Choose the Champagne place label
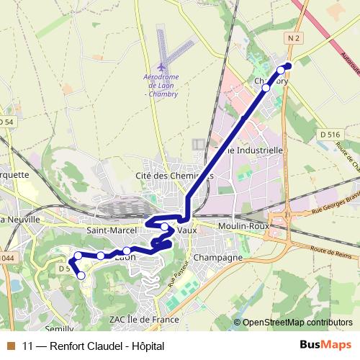click(218, 257)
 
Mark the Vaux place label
click(186, 230)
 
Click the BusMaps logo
click(325, 346)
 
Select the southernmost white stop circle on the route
click(81, 276)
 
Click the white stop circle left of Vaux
click(165, 228)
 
